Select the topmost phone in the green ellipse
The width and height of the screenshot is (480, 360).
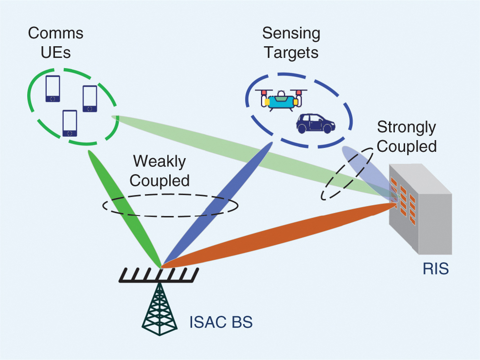(x=53, y=89)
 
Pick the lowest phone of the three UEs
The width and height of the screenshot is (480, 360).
(x=70, y=123)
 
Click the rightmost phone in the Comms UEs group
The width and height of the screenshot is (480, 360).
(x=90, y=99)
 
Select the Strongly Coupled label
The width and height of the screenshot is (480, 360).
(x=407, y=137)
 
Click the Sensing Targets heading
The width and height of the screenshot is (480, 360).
(x=291, y=42)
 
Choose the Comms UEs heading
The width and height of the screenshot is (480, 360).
(x=55, y=42)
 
